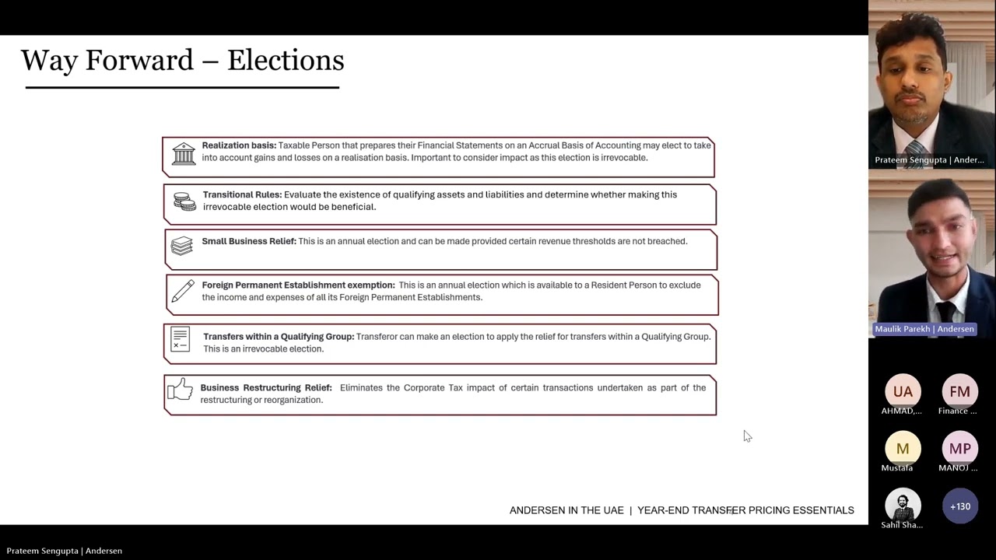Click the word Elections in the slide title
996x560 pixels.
[x=286, y=61]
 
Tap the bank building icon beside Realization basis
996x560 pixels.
[x=184, y=153]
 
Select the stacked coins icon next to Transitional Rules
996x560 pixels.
[x=184, y=201]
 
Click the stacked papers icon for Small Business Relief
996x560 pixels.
[x=182, y=246]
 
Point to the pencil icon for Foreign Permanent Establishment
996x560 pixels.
[x=183, y=291]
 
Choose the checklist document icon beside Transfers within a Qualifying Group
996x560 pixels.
[x=181, y=339]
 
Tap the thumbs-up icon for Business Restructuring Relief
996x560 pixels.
[x=180, y=389]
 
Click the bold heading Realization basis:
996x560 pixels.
[x=239, y=145]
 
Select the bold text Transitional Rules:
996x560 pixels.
[x=242, y=194]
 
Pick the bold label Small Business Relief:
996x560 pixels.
[x=249, y=241]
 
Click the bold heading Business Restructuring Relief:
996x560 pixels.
[x=266, y=387]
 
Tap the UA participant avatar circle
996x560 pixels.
[x=903, y=391]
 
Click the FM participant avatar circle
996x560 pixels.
[x=959, y=391]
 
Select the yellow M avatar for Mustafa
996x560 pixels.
[x=903, y=449]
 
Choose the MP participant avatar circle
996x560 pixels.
[x=959, y=449]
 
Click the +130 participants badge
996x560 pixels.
[x=959, y=506]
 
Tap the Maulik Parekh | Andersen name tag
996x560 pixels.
[x=924, y=329]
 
